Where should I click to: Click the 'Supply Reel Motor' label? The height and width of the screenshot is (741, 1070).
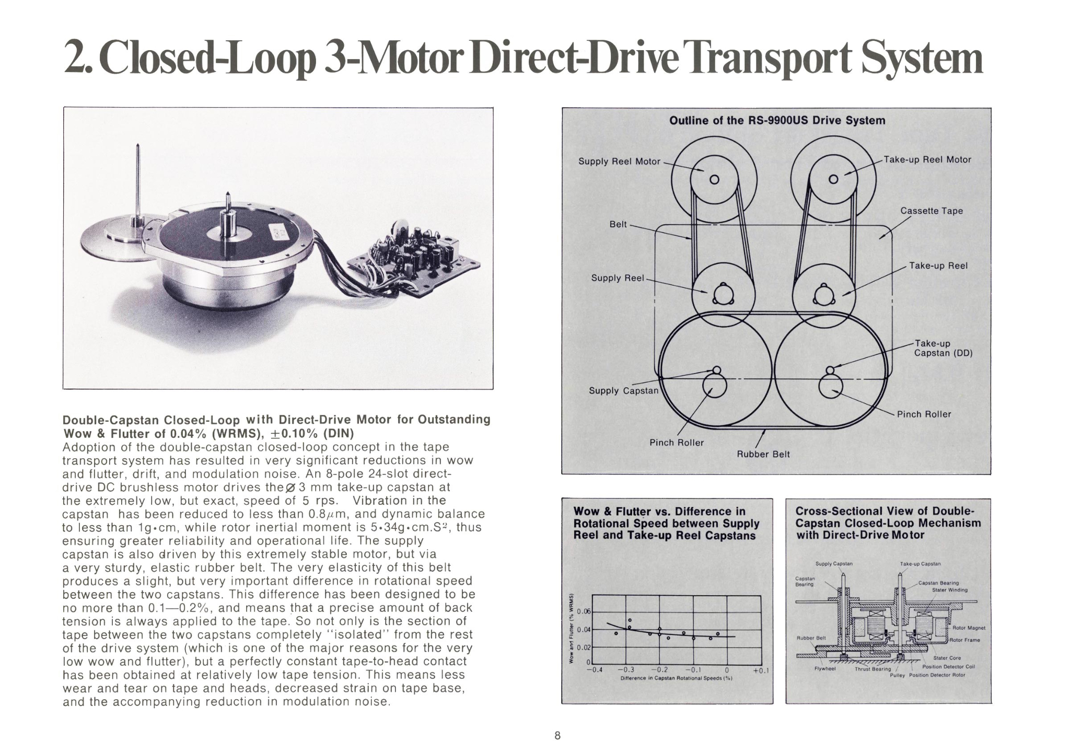[619, 161]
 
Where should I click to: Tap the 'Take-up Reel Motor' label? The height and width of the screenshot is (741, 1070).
[927, 160]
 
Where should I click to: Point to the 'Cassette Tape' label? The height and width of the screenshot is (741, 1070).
[931, 211]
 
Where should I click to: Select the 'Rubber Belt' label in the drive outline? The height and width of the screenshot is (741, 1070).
[763, 455]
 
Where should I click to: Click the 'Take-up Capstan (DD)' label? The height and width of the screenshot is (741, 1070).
[943, 348]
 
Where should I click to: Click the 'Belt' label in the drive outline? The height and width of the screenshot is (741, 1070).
[618, 224]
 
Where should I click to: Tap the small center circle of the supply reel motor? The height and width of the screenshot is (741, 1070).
[715, 180]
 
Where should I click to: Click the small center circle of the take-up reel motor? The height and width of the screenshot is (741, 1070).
[833, 180]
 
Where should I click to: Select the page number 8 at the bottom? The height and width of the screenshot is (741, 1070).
[557, 735]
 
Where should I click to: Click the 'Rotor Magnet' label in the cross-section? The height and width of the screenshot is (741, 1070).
[969, 628]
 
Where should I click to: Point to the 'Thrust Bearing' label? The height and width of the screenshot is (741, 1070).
[873, 669]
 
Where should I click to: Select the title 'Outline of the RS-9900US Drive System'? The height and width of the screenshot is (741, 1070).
[777, 121]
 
